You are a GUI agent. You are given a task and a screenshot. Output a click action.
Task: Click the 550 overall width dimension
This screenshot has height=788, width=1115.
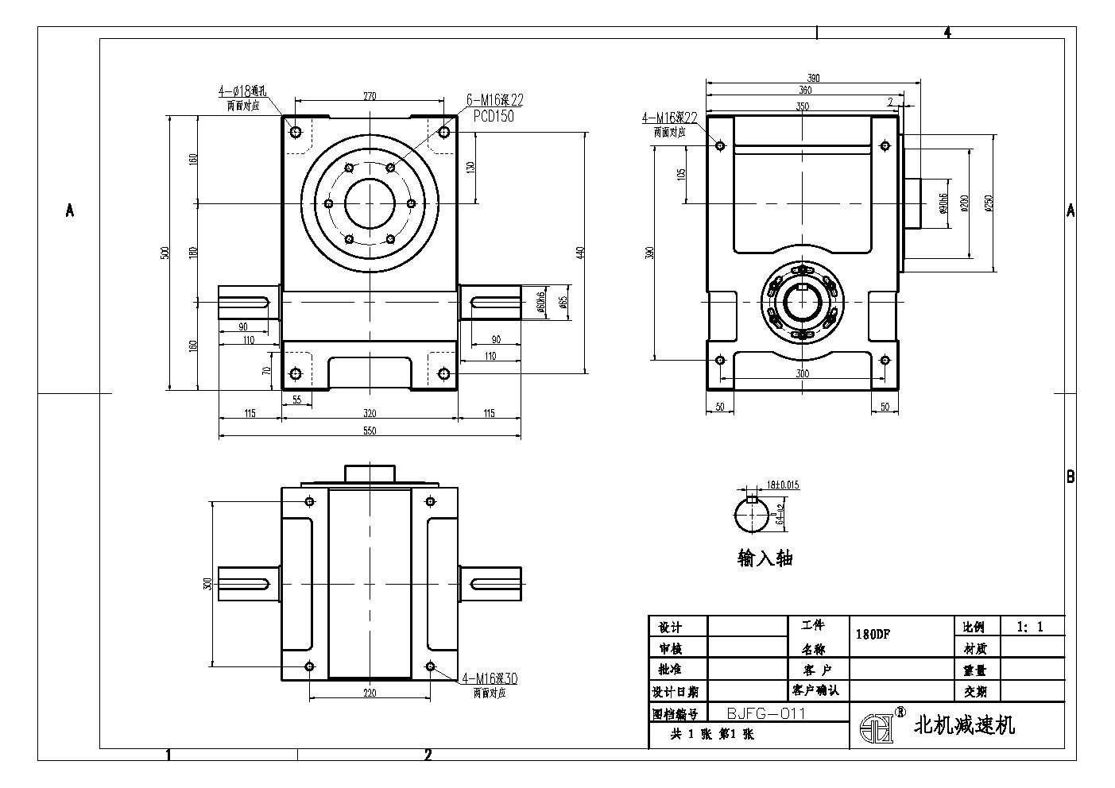(370, 431)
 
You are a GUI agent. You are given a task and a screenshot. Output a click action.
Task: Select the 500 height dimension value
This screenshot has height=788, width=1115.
(165, 253)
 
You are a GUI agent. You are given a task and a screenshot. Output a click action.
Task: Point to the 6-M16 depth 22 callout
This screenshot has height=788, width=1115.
(494, 100)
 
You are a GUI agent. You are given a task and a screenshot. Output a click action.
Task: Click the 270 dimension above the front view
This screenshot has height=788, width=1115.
(370, 96)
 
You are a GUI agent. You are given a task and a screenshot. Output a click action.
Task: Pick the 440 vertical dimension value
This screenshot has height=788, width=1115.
(580, 253)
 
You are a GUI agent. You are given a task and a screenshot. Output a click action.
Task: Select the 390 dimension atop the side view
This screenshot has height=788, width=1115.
(813, 78)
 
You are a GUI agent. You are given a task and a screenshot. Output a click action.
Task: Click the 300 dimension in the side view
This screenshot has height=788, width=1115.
(802, 373)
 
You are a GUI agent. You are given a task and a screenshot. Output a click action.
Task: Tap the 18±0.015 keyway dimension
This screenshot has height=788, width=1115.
(783, 484)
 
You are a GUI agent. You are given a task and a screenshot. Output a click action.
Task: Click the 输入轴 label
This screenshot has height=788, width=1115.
(765, 558)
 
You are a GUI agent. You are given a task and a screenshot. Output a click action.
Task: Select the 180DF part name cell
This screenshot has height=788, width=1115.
(872, 635)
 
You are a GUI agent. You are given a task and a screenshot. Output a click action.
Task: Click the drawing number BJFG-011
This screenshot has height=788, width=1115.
(766, 713)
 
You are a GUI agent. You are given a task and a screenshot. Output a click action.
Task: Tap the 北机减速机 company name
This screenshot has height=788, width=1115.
(965, 724)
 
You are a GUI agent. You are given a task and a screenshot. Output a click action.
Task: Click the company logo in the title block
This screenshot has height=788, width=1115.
(877, 724)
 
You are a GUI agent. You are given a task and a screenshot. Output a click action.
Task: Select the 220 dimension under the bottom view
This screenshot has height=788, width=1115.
(370, 693)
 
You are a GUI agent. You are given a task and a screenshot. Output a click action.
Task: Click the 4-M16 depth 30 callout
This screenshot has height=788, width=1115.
(490, 678)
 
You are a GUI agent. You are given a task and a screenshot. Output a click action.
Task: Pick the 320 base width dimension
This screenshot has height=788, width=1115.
(370, 413)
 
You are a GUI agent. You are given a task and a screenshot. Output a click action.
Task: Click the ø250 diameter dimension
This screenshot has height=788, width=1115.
(989, 203)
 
